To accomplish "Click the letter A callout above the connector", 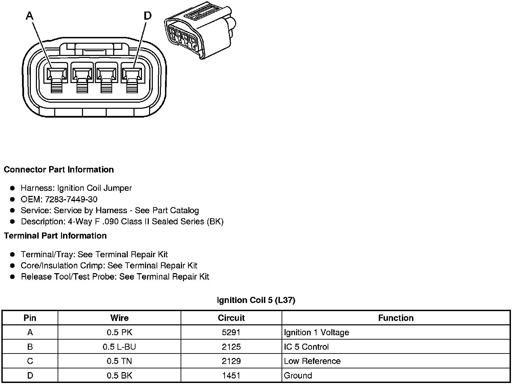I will point(30,16).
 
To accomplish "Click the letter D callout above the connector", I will point(148,16).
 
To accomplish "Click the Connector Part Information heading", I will point(59,169).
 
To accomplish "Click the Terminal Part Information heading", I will point(55,236).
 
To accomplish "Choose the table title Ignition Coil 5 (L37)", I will point(256,300).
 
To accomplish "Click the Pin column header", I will point(30,318).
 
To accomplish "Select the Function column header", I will point(396,318).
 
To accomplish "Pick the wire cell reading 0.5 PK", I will point(119,332).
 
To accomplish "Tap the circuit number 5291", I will point(231,332).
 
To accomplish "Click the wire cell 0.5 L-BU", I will point(119,347).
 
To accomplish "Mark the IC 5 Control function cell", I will point(306,347).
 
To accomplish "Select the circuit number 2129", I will point(231,361).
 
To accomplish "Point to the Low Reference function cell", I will point(312,361).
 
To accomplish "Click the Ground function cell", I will point(298,376).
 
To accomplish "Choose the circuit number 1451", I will point(231,376).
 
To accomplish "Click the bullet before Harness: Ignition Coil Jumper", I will point(13,188).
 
